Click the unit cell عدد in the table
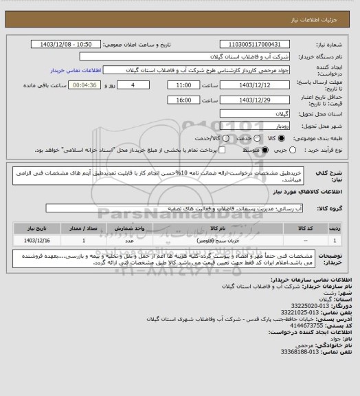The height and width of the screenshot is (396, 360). [128, 240]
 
